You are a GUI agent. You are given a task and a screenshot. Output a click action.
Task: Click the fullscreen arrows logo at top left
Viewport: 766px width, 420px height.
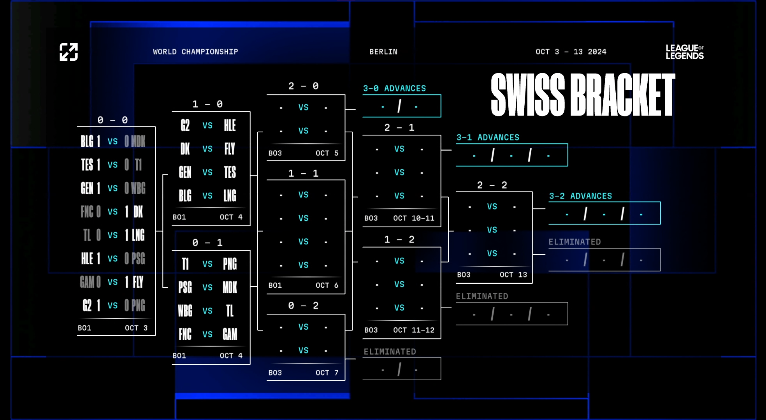tap(69, 52)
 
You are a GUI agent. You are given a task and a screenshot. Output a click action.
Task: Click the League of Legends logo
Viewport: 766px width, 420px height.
tap(685, 52)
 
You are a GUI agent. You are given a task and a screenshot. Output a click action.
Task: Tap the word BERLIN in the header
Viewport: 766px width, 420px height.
tap(383, 52)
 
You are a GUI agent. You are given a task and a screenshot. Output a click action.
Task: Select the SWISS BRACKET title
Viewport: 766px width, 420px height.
tap(583, 95)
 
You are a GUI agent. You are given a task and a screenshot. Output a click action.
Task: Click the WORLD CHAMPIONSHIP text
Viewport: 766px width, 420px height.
tap(195, 52)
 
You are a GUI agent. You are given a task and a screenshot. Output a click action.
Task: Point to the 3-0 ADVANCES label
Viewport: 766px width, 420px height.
tap(394, 88)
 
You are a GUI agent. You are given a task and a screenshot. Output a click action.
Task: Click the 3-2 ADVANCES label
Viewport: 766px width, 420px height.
tap(580, 196)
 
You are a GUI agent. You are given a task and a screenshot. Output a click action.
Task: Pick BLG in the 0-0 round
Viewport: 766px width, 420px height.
tap(87, 141)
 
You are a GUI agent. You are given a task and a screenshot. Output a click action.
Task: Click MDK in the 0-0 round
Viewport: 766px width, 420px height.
tap(138, 141)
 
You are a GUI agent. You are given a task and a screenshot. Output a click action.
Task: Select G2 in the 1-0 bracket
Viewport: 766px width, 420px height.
tap(185, 125)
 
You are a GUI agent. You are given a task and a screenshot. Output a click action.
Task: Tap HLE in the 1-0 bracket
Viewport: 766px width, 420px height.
tap(230, 125)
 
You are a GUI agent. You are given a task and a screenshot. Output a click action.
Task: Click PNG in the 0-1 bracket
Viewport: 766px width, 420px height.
tap(230, 264)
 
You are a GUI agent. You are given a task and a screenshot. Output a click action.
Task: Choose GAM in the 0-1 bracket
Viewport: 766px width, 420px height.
tap(230, 334)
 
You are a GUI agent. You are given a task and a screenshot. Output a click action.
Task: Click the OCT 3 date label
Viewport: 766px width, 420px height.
tap(136, 328)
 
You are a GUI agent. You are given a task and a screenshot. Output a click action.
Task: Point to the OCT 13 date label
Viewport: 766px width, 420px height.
tap(513, 274)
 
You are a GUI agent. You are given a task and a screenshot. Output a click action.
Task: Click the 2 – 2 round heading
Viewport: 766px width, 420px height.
tap(492, 185)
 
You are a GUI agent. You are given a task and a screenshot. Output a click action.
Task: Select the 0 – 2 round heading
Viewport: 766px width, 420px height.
tap(303, 306)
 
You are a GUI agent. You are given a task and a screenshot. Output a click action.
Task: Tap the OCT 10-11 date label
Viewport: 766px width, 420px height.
tap(414, 218)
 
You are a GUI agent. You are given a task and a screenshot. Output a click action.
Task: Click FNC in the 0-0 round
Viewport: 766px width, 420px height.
tap(87, 212)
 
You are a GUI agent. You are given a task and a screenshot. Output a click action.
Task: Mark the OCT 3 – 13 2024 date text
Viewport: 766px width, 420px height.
tap(571, 52)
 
